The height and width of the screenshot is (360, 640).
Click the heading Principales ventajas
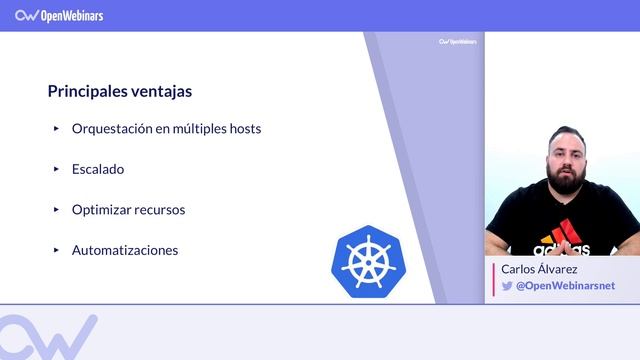point(120,91)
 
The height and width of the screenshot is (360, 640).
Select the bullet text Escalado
point(98,169)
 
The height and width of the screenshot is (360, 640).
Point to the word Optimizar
point(102,210)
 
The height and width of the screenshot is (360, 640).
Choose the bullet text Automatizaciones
point(125,250)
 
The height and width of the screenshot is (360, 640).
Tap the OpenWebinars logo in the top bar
point(60,15)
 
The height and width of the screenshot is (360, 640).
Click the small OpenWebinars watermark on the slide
point(458,42)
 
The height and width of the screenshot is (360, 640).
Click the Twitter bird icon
point(507,286)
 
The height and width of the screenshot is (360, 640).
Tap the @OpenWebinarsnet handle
point(565,286)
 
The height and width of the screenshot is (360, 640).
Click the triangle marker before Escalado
point(57,169)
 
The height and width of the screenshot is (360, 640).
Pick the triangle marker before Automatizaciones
point(57,250)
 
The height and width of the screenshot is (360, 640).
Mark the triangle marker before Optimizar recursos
point(57,210)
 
